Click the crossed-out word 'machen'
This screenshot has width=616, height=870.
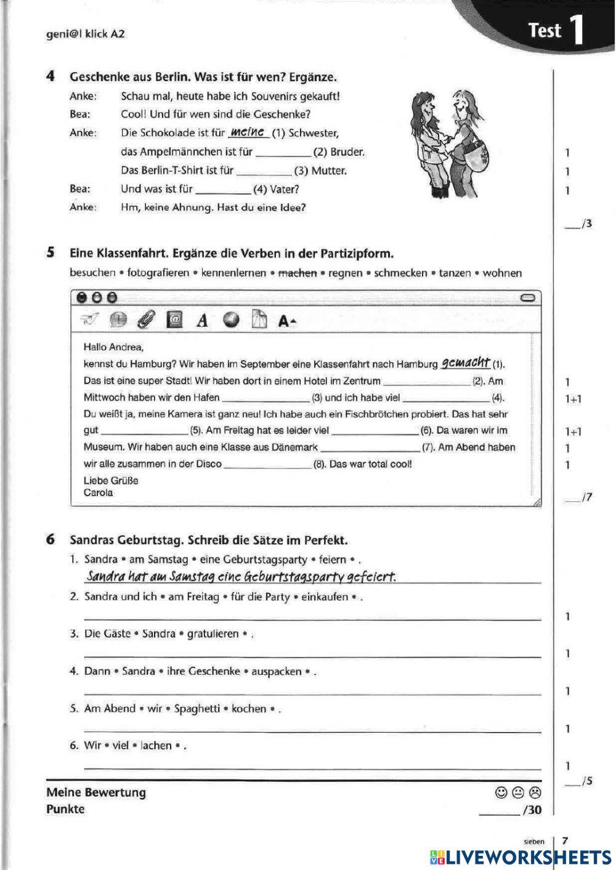(298, 273)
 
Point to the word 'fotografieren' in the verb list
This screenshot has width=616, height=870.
(158, 273)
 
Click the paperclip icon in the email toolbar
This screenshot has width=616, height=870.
(147, 320)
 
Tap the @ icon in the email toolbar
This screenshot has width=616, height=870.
(174, 320)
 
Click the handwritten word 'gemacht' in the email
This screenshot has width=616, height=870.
(466, 363)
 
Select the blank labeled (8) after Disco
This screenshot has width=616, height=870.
(267, 465)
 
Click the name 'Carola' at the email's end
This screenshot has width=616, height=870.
(99, 493)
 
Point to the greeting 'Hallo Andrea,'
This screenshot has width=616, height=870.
(113, 347)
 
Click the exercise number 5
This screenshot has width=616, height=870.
(51, 253)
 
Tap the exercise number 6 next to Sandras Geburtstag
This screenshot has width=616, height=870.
(51, 540)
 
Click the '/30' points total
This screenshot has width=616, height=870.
(531, 810)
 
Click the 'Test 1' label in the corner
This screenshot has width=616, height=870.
(556, 30)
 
